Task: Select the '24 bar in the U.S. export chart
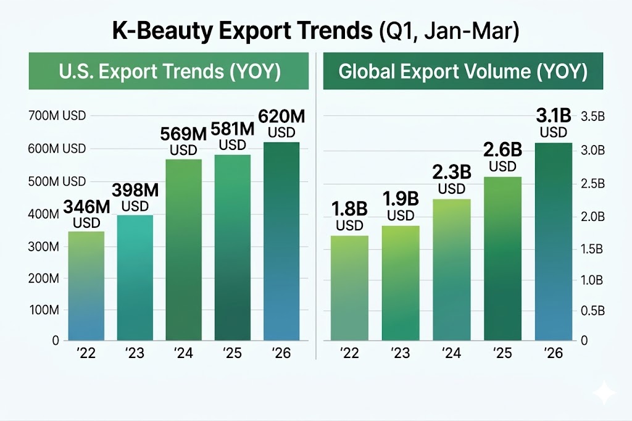[x=184, y=249]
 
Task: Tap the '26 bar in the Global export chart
[x=553, y=241]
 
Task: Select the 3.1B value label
[x=553, y=123]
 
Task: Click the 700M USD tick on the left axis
[x=57, y=115]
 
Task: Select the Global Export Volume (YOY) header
[x=462, y=72]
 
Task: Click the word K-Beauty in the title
[x=163, y=31]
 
